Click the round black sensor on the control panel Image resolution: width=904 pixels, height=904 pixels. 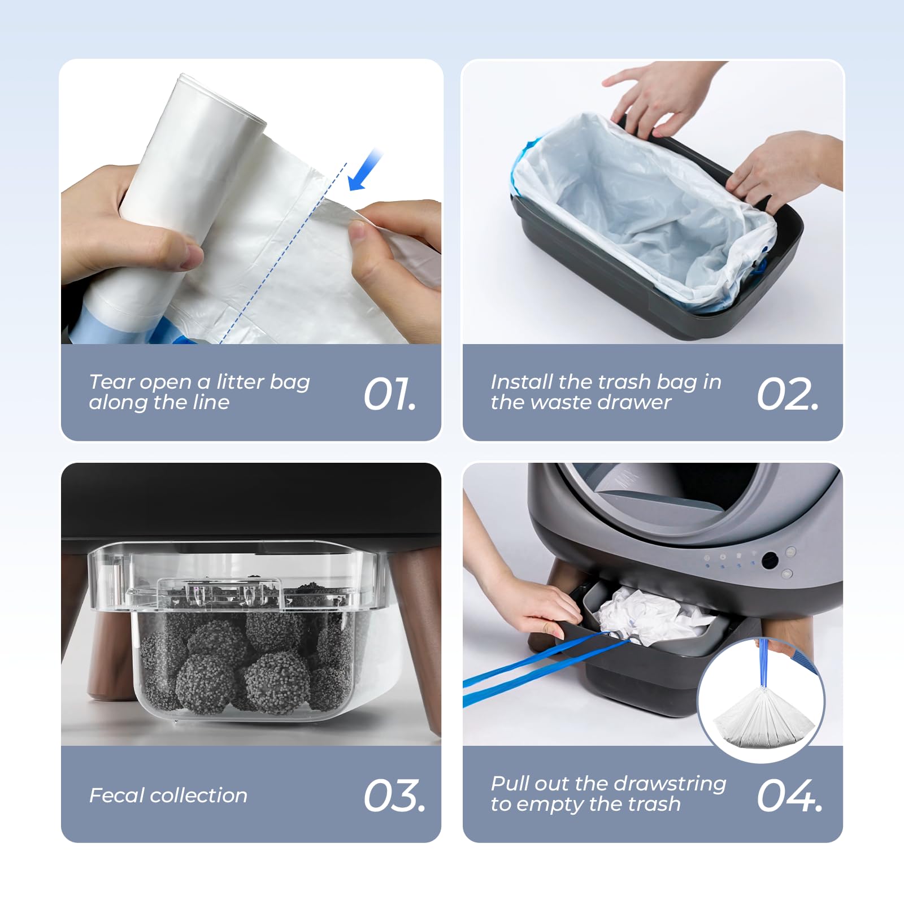pyautogui.click(x=770, y=560)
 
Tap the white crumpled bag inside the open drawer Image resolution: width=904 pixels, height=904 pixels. pyautogui.click(x=644, y=613)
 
